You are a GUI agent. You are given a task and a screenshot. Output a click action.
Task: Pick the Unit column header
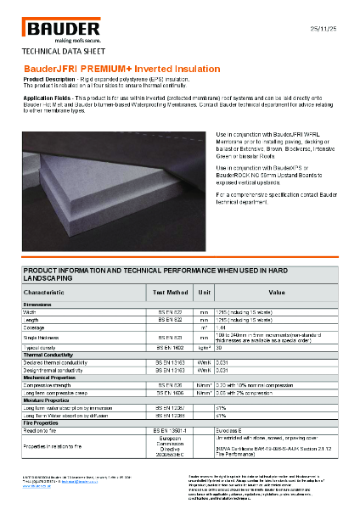tap(204, 292)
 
